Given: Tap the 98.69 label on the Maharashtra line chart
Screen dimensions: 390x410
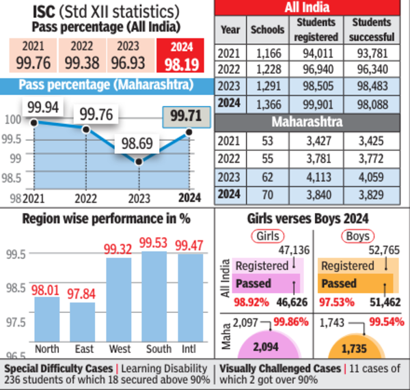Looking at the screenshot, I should tap(137, 143).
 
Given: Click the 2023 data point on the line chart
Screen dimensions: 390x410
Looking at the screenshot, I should tap(139, 161).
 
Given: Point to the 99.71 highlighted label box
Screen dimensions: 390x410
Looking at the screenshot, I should tap(185, 116).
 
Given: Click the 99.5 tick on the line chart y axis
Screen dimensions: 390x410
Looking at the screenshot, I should tap(13, 139).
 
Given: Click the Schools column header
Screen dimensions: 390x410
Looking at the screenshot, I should tap(267, 30).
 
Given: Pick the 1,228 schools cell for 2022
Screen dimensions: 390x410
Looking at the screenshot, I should tap(267, 70).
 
